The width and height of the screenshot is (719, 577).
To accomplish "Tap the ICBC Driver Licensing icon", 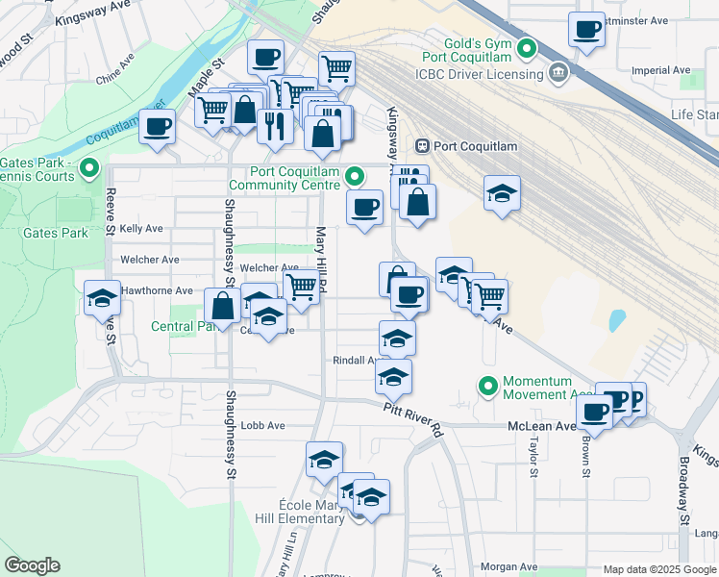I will click(558, 73).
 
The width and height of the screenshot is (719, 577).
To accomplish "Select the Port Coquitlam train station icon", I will click(422, 145).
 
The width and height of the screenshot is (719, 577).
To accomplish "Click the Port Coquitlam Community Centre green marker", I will click(355, 176).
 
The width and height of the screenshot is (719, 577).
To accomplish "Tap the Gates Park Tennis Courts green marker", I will click(89, 169).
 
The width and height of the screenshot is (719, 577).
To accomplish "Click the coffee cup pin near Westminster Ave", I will click(585, 29).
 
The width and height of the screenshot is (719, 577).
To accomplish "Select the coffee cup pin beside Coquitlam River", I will click(157, 126).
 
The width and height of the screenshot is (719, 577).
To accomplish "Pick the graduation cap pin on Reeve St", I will click(101, 298).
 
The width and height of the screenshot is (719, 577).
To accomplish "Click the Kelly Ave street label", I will click(141, 229).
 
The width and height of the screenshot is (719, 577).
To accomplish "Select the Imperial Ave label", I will click(661, 70).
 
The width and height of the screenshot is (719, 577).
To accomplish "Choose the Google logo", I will click(32, 565).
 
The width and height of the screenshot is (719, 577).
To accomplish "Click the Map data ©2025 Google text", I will click(659, 569).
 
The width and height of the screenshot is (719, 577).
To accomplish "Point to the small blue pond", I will click(616, 319).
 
